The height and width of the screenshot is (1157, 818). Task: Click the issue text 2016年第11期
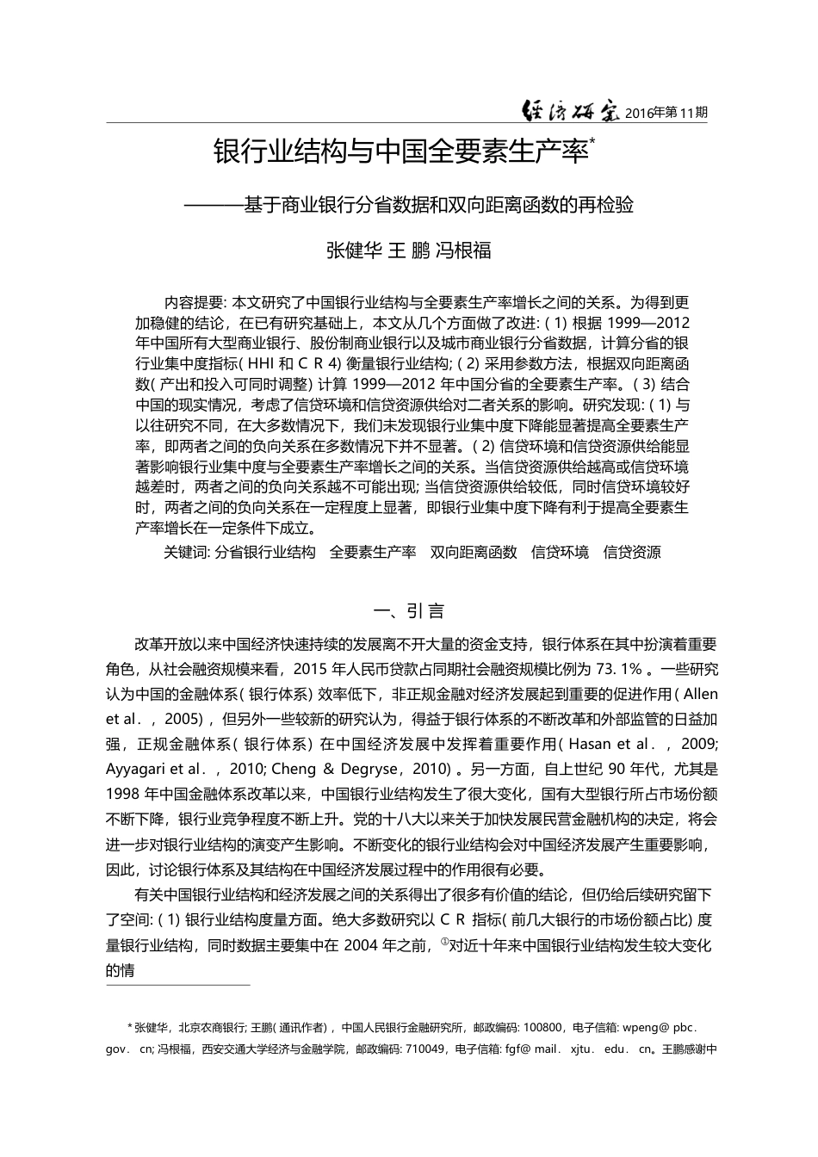point(666,113)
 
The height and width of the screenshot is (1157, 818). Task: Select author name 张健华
point(353,251)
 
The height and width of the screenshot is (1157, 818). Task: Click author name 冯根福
point(463,251)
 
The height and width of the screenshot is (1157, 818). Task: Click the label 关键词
point(185,553)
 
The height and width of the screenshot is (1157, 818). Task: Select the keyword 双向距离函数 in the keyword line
point(474,553)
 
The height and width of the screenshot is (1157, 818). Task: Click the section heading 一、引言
point(409,612)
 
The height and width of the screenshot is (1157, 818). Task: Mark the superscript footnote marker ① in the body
point(444,942)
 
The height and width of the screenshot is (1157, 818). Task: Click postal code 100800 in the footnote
point(543,1027)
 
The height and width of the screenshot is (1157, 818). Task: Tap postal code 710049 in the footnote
point(424,1049)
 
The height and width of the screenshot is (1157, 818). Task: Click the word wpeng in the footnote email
point(641,1027)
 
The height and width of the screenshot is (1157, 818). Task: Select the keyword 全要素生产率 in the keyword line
point(373,553)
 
